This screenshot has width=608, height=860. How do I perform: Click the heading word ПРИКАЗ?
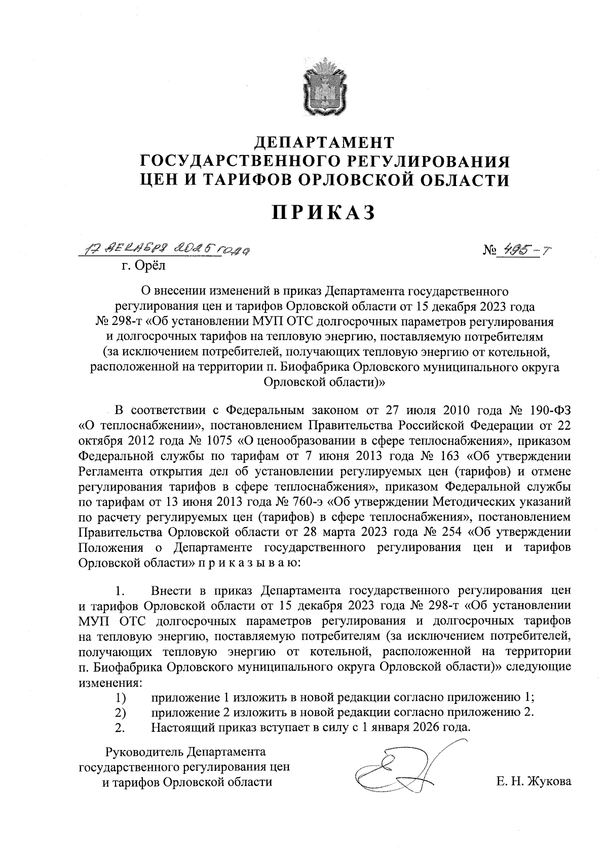[x=324, y=212]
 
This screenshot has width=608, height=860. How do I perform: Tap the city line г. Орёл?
[x=144, y=265]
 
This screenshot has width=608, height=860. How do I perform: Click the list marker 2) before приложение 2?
[x=120, y=712]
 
